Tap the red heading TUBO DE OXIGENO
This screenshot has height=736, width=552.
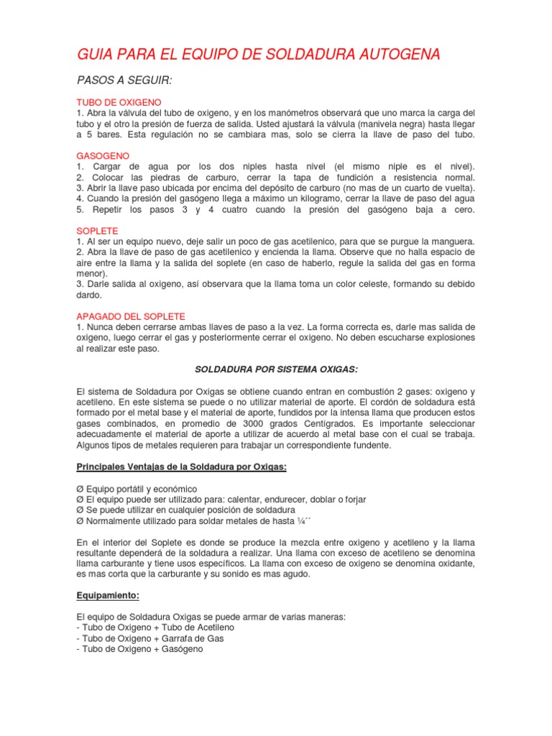(119, 102)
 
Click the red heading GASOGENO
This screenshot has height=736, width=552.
(103, 155)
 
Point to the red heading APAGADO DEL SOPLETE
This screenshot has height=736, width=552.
(131, 316)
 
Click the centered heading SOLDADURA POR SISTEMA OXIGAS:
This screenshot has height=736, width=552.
(277, 369)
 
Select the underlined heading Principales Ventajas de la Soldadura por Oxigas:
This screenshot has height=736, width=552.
(182, 466)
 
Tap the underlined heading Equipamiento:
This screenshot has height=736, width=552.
(108, 596)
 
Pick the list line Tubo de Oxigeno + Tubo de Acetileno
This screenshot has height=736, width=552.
(158, 627)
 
